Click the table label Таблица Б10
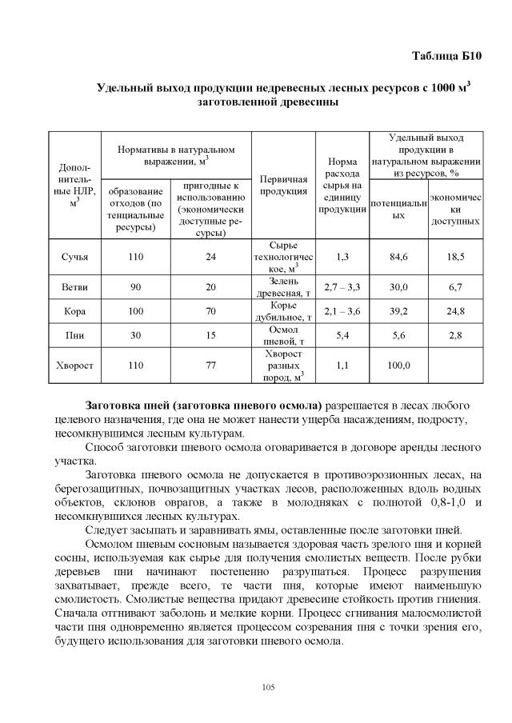click(x=447, y=55)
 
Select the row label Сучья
click(x=74, y=257)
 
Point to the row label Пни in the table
click(x=74, y=336)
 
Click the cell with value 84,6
click(x=398, y=257)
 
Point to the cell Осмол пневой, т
click(x=285, y=336)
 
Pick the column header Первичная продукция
click(x=285, y=186)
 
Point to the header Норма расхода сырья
click(x=342, y=186)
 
